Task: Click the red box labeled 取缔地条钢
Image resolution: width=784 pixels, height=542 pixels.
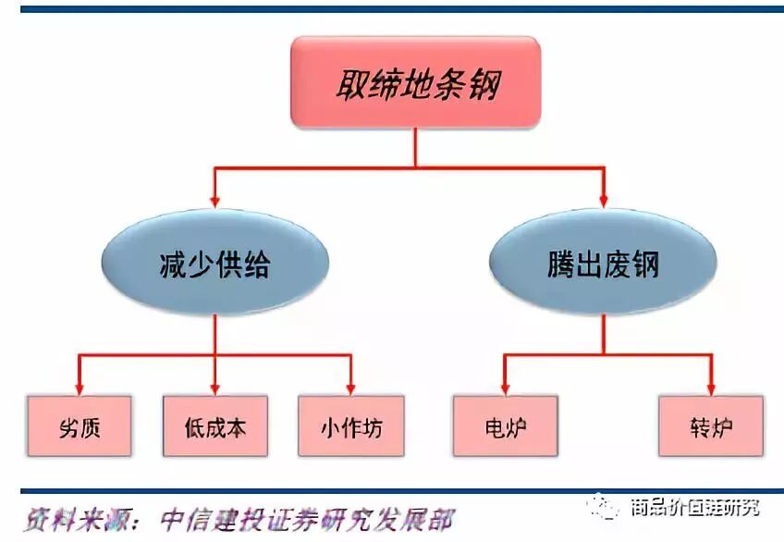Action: click(416, 82)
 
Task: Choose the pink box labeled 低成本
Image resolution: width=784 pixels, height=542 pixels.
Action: click(214, 426)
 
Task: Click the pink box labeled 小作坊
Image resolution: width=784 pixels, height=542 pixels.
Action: click(350, 426)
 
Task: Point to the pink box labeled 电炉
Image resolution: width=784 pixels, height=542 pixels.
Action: click(505, 426)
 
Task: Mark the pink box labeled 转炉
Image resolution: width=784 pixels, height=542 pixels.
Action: click(711, 426)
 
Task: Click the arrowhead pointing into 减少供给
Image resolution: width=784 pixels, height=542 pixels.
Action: click(214, 198)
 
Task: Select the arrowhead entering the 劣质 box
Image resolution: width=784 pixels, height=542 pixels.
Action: click(79, 388)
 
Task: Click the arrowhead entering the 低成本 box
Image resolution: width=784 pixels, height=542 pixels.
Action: click(214, 388)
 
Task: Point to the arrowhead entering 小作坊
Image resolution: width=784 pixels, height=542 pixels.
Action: click(350, 388)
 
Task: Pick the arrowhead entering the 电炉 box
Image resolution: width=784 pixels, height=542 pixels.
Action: click(505, 388)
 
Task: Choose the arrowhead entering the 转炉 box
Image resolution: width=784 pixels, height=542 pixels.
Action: click(711, 388)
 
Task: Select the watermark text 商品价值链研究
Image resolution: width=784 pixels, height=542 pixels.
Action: click(694, 508)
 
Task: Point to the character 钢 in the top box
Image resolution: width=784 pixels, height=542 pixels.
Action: click(484, 84)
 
